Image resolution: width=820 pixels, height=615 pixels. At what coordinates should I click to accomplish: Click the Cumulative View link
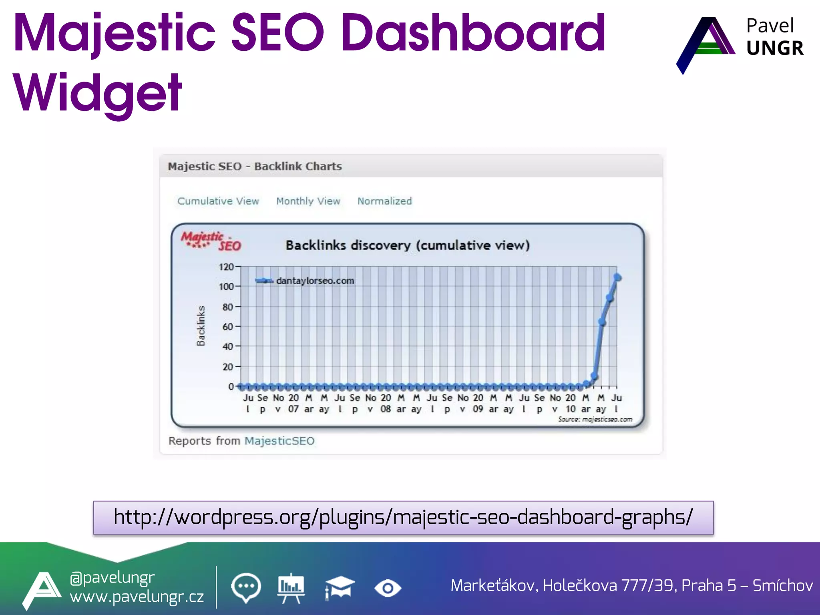pyautogui.click(x=218, y=201)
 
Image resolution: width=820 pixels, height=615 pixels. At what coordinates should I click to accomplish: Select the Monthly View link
pyautogui.click(x=308, y=201)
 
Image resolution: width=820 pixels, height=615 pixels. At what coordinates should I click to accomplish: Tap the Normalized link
pyautogui.click(x=384, y=201)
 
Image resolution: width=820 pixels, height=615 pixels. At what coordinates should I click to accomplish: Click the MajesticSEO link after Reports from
pyautogui.click(x=279, y=441)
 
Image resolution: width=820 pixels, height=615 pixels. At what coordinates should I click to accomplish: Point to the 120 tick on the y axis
pyautogui.click(x=227, y=267)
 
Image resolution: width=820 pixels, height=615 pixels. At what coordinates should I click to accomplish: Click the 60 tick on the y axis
pyautogui.click(x=228, y=327)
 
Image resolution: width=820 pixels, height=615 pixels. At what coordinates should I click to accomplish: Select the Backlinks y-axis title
pyautogui.click(x=201, y=326)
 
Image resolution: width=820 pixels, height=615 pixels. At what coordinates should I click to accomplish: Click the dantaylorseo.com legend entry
pyautogui.click(x=315, y=281)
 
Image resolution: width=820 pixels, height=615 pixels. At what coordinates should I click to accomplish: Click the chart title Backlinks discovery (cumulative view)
pyautogui.click(x=408, y=245)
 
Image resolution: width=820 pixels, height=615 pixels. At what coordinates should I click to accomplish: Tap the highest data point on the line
pyautogui.click(x=617, y=277)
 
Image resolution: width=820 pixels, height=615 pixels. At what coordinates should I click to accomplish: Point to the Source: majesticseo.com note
pyautogui.click(x=595, y=419)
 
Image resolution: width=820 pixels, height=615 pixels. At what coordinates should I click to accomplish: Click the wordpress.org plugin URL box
pyautogui.click(x=403, y=517)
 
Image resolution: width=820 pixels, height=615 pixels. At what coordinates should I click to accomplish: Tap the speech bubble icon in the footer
pyautogui.click(x=246, y=587)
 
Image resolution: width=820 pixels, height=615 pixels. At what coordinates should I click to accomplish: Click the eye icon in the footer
pyautogui.click(x=387, y=588)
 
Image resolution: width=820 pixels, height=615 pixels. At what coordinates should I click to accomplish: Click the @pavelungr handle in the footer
pyautogui.click(x=112, y=577)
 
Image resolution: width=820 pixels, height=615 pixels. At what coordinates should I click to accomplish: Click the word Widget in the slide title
pyautogui.click(x=98, y=93)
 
